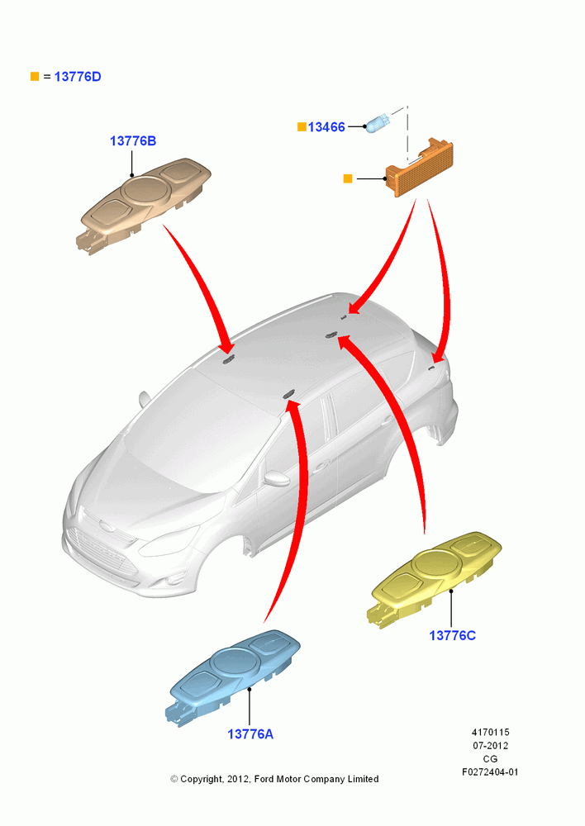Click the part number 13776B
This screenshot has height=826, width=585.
[x=133, y=141]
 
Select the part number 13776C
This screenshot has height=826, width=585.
[x=452, y=635]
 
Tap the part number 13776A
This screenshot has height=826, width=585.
[x=250, y=733]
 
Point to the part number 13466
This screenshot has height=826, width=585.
[x=326, y=127]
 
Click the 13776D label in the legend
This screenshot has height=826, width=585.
[x=78, y=77]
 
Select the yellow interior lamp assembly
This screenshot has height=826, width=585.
[x=434, y=578]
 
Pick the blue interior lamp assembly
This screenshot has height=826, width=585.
[x=232, y=677]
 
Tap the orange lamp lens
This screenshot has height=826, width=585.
[x=420, y=167]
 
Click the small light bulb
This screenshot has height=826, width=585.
[x=378, y=123]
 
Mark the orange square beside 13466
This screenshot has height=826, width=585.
[x=302, y=127]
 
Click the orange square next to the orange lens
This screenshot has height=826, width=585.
[x=348, y=179]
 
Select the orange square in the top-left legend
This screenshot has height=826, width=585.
[x=35, y=77]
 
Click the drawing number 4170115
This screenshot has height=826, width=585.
[x=490, y=732]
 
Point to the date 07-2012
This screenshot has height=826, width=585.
[x=490, y=745]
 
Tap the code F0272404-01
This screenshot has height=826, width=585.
[x=490, y=772]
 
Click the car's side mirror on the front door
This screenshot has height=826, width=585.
[x=277, y=478]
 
